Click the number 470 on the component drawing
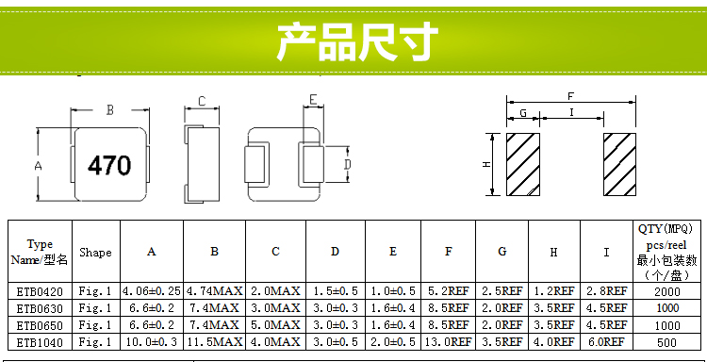(109, 166)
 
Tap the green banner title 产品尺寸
(357, 41)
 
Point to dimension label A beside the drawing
(39, 166)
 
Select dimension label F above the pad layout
(571, 96)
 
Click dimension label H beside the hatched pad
(486, 165)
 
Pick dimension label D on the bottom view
(347, 165)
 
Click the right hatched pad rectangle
(619, 165)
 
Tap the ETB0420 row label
(41, 291)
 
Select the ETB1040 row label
(41, 342)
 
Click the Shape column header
(95, 253)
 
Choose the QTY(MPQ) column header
(666, 229)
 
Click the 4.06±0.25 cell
(152, 291)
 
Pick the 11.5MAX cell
(215, 342)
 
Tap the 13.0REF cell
(448, 342)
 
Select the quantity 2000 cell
(666, 292)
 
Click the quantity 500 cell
(666, 342)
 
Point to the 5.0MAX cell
(275, 325)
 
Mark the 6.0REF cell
(606, 342)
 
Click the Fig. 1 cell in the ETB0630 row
(95, 308)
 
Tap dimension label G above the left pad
(523, 113)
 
